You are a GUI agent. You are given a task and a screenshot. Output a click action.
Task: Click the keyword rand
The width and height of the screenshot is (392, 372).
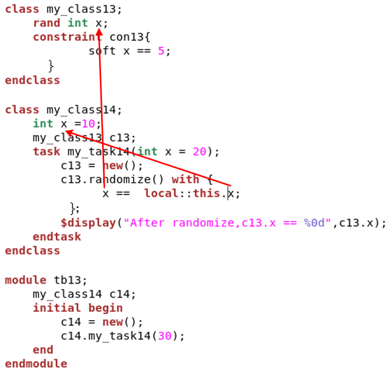pos(47,23)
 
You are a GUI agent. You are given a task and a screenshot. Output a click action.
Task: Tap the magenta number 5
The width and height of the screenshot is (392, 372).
pos(161,51)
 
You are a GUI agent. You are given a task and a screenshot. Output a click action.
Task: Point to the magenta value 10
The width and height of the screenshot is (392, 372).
pos(88,124)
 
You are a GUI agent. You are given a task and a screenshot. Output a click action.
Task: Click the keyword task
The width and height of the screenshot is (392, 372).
pos(47,151)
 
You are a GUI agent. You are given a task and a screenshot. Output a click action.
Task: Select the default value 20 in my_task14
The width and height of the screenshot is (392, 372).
pos(199,151)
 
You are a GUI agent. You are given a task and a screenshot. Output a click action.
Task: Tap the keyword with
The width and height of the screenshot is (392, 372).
pos(185,179)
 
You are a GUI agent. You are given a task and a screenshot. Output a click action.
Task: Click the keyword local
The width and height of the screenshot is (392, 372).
pos(161,194)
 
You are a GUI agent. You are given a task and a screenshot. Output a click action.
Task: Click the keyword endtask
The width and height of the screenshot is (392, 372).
pos(57,237)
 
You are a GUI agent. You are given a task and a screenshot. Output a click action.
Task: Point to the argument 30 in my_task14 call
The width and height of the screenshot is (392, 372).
pos(164,336)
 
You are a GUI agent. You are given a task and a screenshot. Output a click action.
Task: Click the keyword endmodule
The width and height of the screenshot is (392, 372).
pos(36,364)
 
